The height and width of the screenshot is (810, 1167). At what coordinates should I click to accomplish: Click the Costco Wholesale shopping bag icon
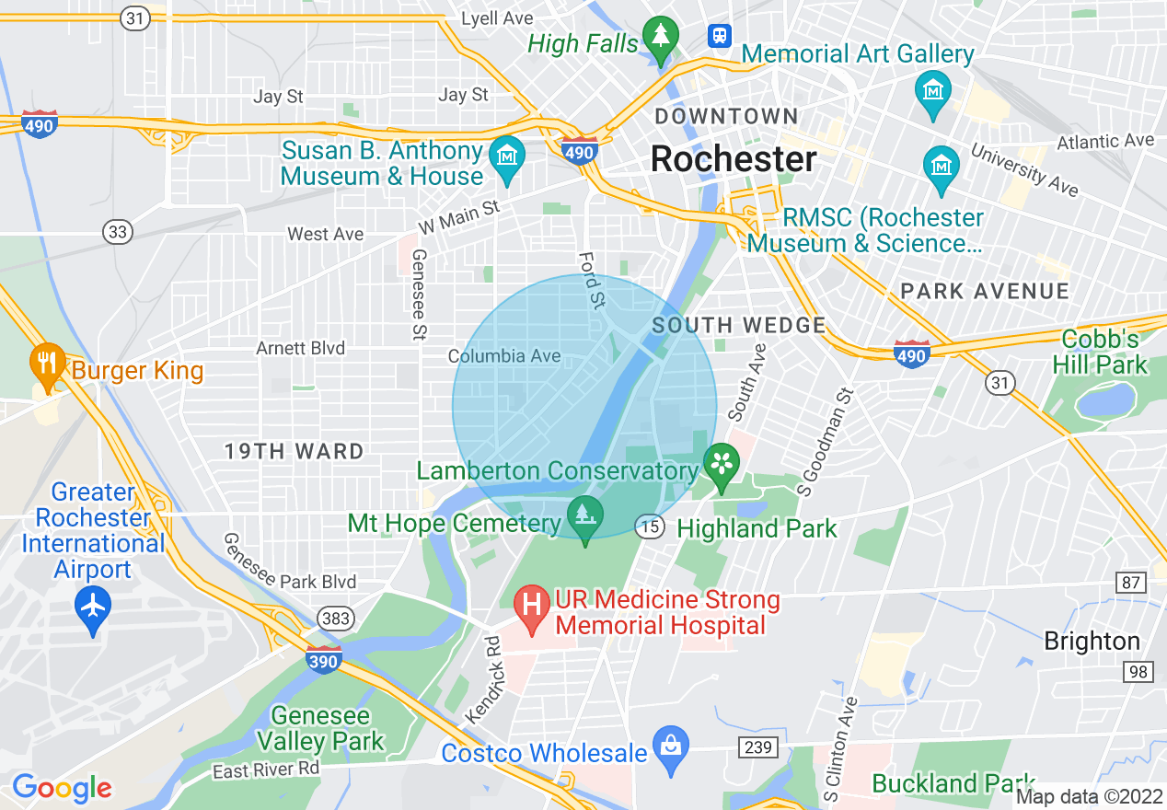(x=671, y=747)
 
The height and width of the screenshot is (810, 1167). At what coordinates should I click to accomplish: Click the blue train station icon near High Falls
(x=719, y=36)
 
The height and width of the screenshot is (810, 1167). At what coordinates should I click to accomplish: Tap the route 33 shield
(x=117, y=232)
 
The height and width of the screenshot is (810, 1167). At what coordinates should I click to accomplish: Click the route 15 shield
(x=649, y=526)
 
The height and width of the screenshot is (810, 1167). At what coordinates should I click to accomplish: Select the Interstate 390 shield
(x=324, y=659)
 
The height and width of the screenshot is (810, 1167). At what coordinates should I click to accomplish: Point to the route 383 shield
(x=336, y=618)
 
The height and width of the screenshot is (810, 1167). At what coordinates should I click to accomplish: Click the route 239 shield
(x=757, y=746)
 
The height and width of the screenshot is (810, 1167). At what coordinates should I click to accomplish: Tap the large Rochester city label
(x=734, y=159)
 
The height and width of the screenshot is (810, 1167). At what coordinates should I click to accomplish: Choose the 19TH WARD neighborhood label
(x=295, y=451)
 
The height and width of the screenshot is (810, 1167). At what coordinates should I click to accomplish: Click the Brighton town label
(x=1092, y=641)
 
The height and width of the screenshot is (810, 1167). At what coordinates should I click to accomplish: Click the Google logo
(x=62, y=788)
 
